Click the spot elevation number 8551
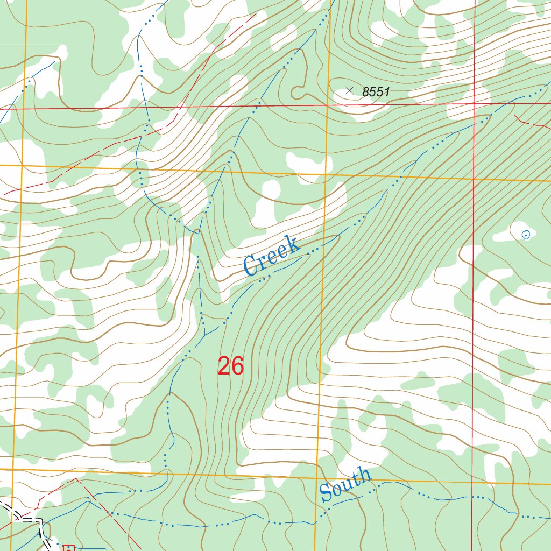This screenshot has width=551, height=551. pos(376,92)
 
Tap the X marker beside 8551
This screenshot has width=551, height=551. pos(349,91)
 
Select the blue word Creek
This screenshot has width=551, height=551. pos(271,256)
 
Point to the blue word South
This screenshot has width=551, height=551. pos(345,485)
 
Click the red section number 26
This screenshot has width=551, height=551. pos(231,366)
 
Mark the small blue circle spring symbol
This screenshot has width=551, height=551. pos(526,234)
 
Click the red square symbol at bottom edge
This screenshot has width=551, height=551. pos(68,548)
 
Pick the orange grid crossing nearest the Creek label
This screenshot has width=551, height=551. pos(325,174)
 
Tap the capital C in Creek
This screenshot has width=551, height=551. pos(251,267)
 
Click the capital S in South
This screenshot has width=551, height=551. pos(326,494)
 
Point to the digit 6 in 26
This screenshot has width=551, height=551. pos(238,366)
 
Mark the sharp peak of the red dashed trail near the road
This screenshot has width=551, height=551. pos(76,478)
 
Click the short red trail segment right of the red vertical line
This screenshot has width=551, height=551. pos(530,122)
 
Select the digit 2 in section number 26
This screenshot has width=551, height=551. pos(224,366)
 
